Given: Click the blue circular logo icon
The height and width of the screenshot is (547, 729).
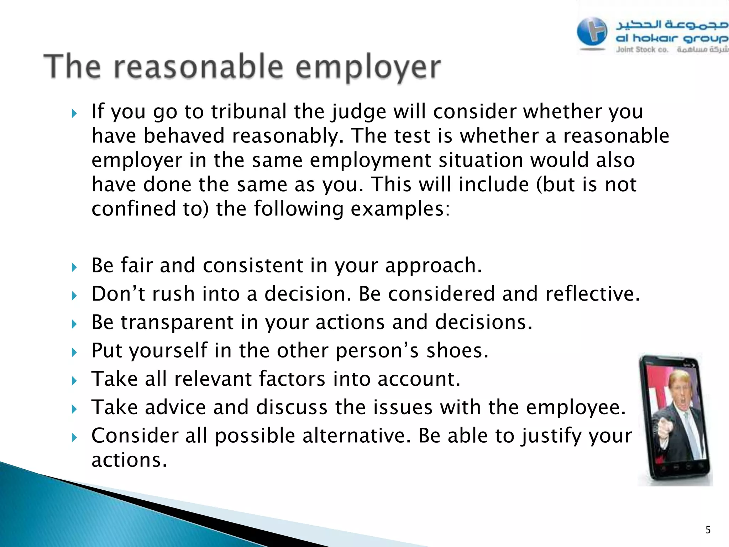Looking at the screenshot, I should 592,32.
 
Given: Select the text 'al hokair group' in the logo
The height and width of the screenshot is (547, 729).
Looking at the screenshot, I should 671,38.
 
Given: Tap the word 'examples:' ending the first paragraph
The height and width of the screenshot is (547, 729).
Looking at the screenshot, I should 400,209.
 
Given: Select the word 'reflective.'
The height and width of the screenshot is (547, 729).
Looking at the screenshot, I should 592,294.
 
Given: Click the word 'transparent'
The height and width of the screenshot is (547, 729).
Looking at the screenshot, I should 177,323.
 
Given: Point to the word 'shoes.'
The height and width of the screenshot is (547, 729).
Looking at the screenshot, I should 457,351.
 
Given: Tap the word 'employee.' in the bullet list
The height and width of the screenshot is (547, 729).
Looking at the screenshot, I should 576,407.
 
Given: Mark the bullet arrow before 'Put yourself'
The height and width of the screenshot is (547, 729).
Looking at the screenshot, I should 74,353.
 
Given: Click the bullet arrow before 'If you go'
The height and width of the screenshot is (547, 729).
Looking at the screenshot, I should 74,114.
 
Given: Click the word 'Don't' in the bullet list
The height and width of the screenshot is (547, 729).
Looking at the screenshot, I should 118,294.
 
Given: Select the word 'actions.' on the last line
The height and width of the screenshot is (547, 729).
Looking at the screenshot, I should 129,460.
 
